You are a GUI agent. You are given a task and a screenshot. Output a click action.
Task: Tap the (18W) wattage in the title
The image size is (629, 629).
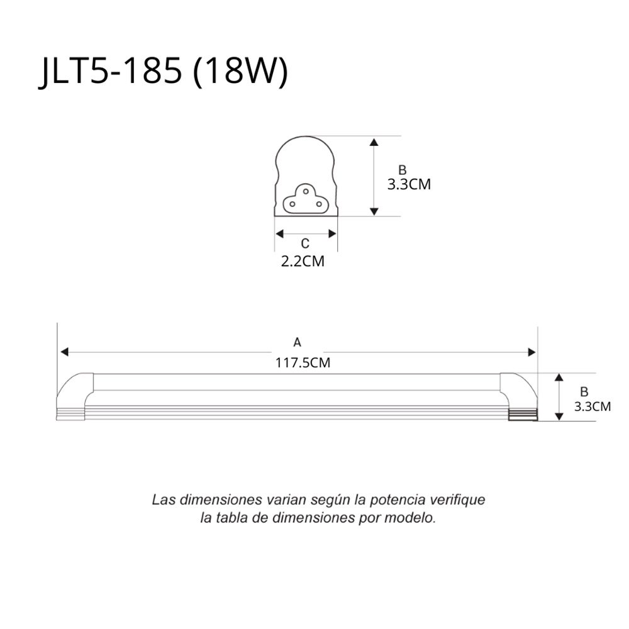coord(240,72)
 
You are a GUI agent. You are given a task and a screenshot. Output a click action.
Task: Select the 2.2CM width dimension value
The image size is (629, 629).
coord(303,261)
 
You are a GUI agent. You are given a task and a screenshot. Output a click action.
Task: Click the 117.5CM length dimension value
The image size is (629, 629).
coord(303,363)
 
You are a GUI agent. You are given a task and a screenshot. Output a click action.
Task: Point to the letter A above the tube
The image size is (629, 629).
coord(297,342)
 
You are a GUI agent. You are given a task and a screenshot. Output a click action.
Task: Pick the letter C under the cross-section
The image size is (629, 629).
coord(305,243)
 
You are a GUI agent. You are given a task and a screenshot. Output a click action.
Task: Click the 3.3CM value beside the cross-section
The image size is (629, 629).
coord(409,184)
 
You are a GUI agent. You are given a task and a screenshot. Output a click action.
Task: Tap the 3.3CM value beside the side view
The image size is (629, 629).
coord(592,406)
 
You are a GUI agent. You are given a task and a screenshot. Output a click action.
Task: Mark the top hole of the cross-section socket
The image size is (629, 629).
coord(306,191)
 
